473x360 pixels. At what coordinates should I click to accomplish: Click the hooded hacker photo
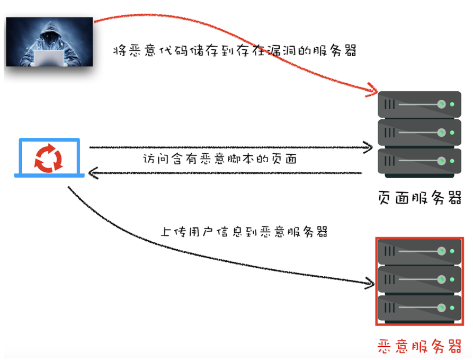tap(49, 42)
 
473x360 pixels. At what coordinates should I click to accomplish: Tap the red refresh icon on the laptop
tap(49, 158)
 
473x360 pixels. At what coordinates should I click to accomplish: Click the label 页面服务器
tap(420, 198)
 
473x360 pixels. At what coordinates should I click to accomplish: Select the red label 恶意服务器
tap(420, 346)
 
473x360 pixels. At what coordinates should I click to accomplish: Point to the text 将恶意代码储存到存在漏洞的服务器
tap(235, 51)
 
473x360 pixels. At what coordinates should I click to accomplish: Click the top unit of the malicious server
tap(419, 251)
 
